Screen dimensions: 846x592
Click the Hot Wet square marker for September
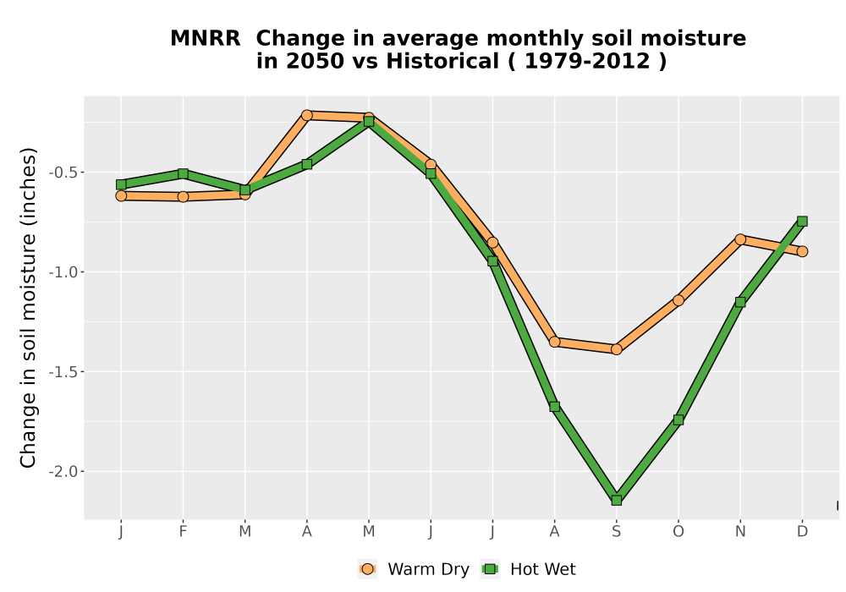coord(616,501)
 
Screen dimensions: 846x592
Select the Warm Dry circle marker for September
coord(616,349)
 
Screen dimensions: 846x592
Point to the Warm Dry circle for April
coord(307,115)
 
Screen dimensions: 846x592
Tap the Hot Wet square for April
coord(307,164)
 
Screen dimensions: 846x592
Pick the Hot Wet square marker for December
coord(802,221)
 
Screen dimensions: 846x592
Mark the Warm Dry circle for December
coord(802,251)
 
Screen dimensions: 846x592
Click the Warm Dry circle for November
coord(740,239)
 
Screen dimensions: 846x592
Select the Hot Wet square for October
coord(678,419)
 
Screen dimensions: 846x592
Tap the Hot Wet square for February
coord(183,173)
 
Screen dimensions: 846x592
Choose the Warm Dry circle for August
coord(555,342)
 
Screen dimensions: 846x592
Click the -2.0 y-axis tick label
coord(63,472)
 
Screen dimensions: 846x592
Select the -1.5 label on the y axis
coord(63,372)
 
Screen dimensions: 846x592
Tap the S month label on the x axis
coord(616,532)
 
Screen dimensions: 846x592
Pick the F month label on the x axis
coord(183,532)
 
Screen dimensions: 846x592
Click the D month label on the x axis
coord(802,532)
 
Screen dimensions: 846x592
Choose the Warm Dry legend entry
coord(414,569)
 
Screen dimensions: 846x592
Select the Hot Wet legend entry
coord(528,569)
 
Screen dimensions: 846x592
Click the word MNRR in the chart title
coord(206,39)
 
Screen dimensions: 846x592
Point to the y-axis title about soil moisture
coord(28,308)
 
